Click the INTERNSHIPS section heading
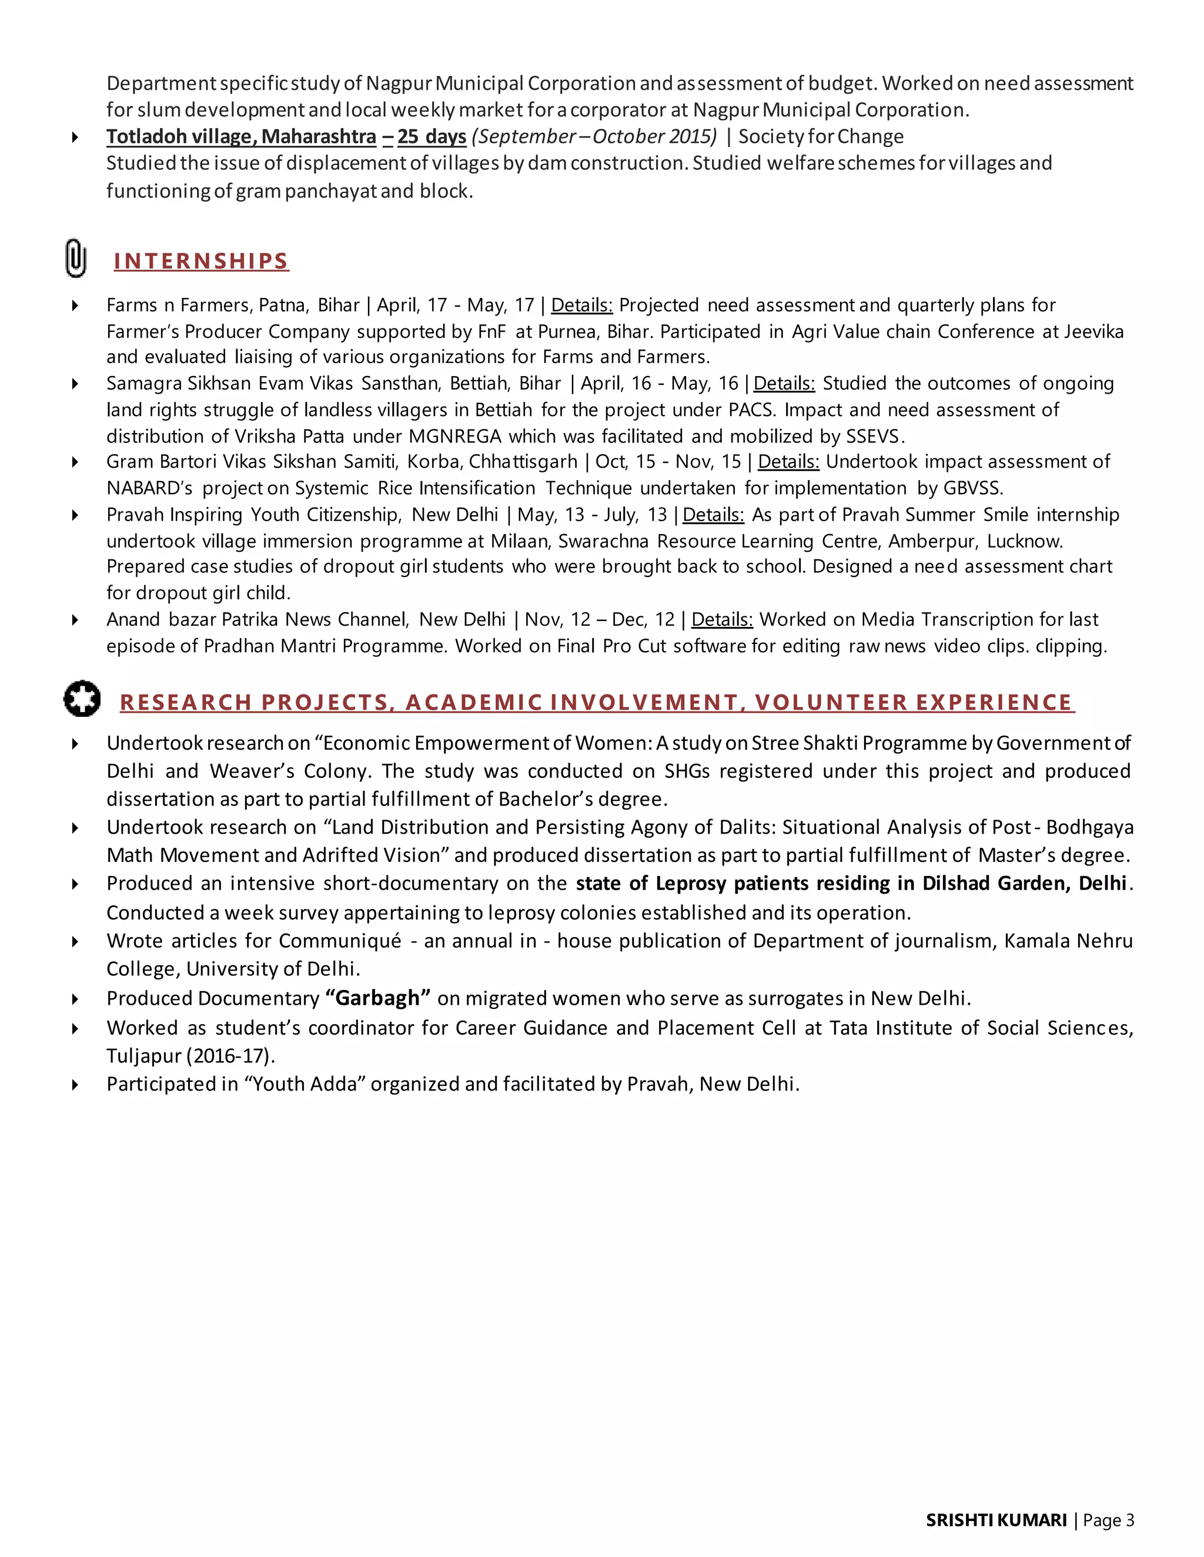coord(201,261)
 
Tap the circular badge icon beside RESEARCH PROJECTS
coord(82,698)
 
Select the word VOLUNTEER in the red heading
coord(831,702)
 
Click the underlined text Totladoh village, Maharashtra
coord(241,136)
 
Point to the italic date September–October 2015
coord(594,136)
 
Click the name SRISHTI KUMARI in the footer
coord(996,1520)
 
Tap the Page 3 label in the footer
coord(1108,1520)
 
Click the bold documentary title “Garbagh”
coord(377,998)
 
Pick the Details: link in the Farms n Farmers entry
coord(581,305)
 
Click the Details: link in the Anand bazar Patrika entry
coord(722,619)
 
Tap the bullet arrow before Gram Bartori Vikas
coord(75,462)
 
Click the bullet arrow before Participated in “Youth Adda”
coord(75,1085)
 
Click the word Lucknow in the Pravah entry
coord(1024,541)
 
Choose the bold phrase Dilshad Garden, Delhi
coord(1024,882)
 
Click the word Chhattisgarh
coord(523,461)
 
